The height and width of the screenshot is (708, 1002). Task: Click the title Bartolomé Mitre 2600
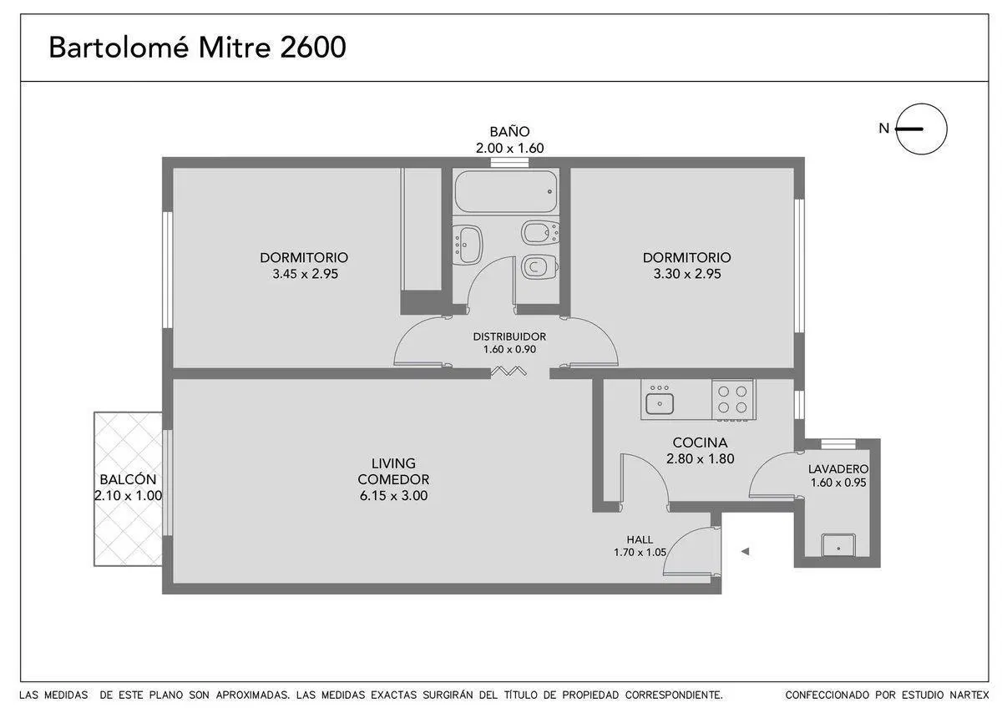click(197, 47)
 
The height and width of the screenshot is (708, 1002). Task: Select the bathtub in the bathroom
click(506, 191)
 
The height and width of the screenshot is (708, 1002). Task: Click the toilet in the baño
click(539, 267)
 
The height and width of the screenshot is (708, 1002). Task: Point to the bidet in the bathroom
click(540, 233)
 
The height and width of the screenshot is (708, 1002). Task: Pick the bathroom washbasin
click(468, 245)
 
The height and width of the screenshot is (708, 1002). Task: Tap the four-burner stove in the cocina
click(734, 399)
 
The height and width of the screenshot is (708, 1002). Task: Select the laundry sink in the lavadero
click(838, 545)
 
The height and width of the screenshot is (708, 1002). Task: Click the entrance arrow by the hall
click(745, 552)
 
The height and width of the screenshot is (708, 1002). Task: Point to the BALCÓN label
click(128, 479)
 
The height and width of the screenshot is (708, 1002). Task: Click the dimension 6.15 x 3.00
click(393, 496)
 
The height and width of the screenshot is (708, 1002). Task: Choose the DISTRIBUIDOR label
click(509, 336)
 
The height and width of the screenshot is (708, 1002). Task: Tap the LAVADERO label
click(838, 469)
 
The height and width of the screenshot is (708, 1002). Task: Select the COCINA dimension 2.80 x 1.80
click(700, 459)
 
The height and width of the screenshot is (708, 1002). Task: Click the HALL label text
click(640, 539)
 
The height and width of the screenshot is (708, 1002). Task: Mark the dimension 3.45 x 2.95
click(305, 274)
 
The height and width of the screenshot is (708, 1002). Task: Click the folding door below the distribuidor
click(509, 372)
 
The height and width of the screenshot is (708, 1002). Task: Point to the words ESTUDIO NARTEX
click(945, 695)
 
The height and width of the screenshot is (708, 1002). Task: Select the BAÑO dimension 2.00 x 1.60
click(509, 148)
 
